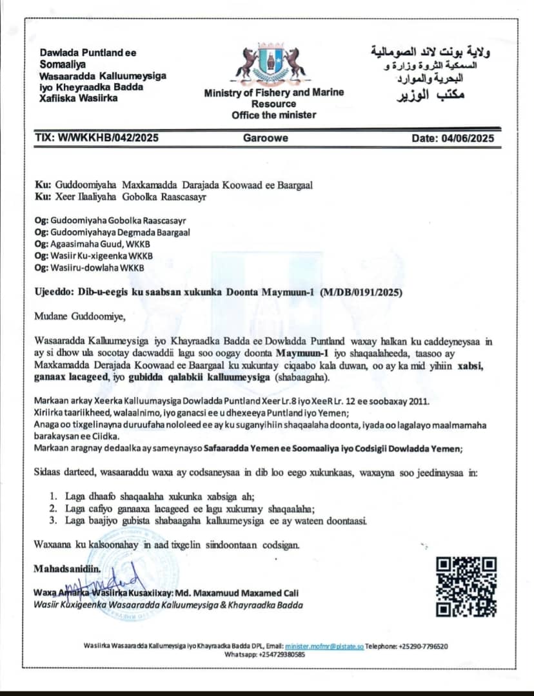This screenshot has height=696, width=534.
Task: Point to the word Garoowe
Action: [266, 138]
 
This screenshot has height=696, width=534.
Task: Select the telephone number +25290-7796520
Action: [424, 646]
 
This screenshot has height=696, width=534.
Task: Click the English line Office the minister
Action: [274, 115]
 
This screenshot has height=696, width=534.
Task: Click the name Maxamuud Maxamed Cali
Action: [258, 593]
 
